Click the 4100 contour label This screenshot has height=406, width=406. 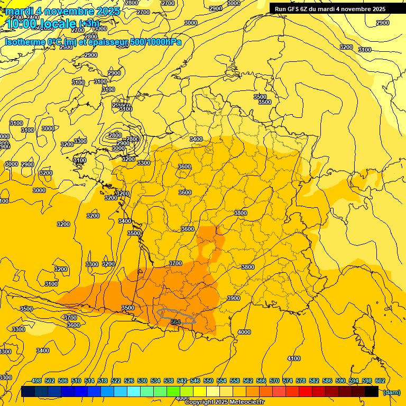click(x=294, y=358)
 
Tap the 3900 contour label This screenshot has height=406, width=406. click(x=234, y=298)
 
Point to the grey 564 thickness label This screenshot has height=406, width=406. click(x=176, y=322)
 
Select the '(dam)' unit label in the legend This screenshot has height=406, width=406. click(x=391, y=392)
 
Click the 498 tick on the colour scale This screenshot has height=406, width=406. click(x=36, y=381)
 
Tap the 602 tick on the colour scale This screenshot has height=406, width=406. click(x=380, y=381)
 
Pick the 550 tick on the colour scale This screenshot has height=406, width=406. click(x=208, y=381)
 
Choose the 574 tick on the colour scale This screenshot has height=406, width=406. click(x=288, y=381)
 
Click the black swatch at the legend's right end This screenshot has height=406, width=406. click(x=372, y=392)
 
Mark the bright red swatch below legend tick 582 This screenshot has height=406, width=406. click(x=306, y=392)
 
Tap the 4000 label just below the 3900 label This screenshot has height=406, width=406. click(x=244, y=332)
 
